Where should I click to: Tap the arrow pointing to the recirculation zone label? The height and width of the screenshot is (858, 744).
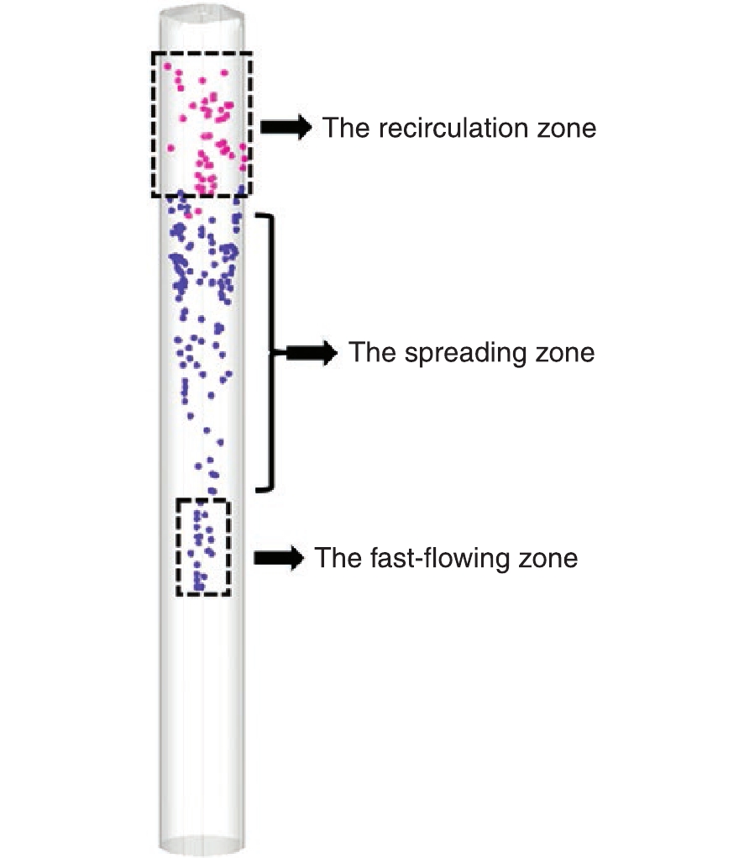point(286,128)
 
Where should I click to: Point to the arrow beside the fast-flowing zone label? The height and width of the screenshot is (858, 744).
point(279,558)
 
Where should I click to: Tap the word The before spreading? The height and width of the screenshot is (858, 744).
point(372,352)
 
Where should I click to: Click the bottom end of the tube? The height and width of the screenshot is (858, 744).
point(202,845)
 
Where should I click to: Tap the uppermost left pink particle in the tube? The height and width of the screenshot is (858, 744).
point(167,66)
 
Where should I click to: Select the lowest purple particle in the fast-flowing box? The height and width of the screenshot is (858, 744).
point(199,587)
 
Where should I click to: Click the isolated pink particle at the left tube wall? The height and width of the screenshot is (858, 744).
point(170,148)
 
